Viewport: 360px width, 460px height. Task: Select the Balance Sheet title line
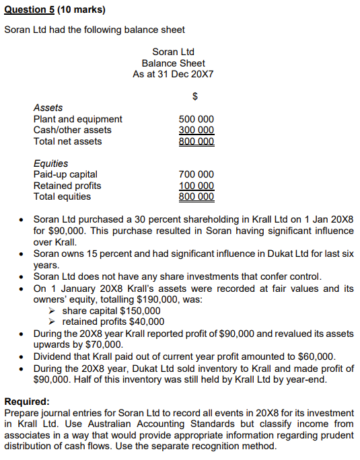pyautogui.click(x=174, y=63)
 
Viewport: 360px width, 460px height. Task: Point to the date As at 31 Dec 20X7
pyautogui.click(x=174, y=74)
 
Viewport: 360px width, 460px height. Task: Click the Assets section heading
pyautogui.click(x=48, y=108)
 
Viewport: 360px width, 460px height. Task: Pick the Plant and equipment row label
pyautogui.click(x=78, y=119)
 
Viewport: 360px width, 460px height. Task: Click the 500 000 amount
pyautogui.click(x=196, y=119)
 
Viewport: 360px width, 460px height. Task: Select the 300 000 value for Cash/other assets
pyautogui.click(x=196, y=130)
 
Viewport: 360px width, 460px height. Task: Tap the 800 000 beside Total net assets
pyautogui.click(x=196, y=141)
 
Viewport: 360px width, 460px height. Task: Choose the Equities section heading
pyautogui.click(x=50, y=163)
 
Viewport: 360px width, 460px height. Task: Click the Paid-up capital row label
pyautogui.click(x=65, y=174)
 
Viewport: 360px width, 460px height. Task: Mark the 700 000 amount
pyautogui.click(x=196, y=174)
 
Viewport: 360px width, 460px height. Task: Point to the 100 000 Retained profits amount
pyautogui.click(x=196, y=186)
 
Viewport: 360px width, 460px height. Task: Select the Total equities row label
pyautogui.click(x=62, y=196)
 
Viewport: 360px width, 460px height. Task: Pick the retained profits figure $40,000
pyautogui.click(x=145, y=321)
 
